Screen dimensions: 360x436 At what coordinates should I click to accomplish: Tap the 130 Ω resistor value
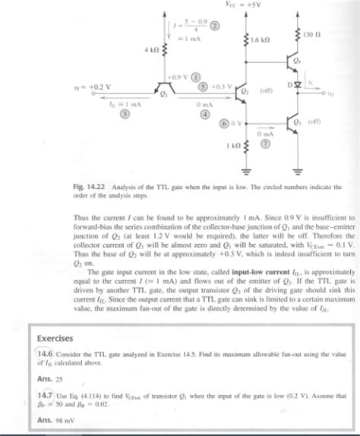(x=311, y=35)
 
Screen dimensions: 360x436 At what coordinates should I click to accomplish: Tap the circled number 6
(x=224, y=123)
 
